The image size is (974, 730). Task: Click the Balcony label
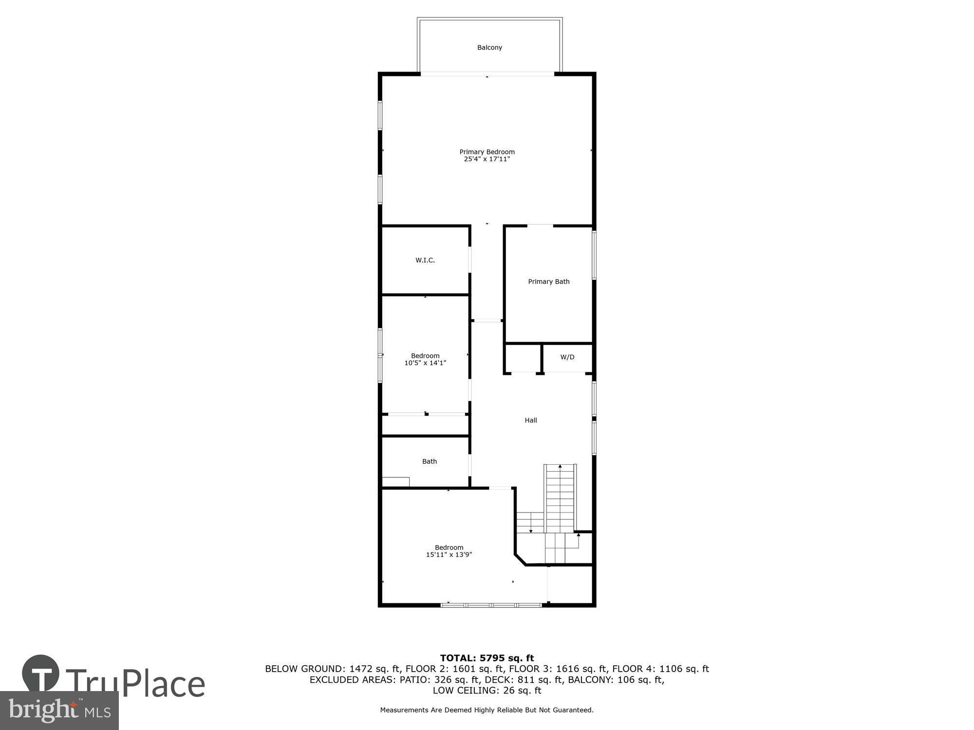[x=489, y=48]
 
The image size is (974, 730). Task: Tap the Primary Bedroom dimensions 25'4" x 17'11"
[x=487, y=159]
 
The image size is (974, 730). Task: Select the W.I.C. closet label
[x=425, y=260]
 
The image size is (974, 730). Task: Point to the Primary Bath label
[x=548, y=282]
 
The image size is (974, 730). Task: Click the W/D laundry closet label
[x=567, y=357]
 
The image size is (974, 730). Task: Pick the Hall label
[x=531, y=420]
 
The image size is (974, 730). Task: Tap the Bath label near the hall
[x=429, y=461]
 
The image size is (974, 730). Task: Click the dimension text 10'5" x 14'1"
[x=425, y=363]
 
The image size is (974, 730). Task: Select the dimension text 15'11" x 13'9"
[x=449, y=555]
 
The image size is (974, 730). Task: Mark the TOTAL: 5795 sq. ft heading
[x=487, y=658]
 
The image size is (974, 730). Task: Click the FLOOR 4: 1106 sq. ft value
[x=660, y=669]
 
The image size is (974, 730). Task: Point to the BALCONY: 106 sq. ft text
[x=616, y=680]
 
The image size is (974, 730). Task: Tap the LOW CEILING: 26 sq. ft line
[x=487, y=691]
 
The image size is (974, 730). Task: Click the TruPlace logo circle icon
[x=41, y=674]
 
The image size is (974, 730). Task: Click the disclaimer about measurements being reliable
[x=487, y=710]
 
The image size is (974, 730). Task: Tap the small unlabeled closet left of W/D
[x=523, y=358]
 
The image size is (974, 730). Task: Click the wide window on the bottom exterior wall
[x=491, y=605]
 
